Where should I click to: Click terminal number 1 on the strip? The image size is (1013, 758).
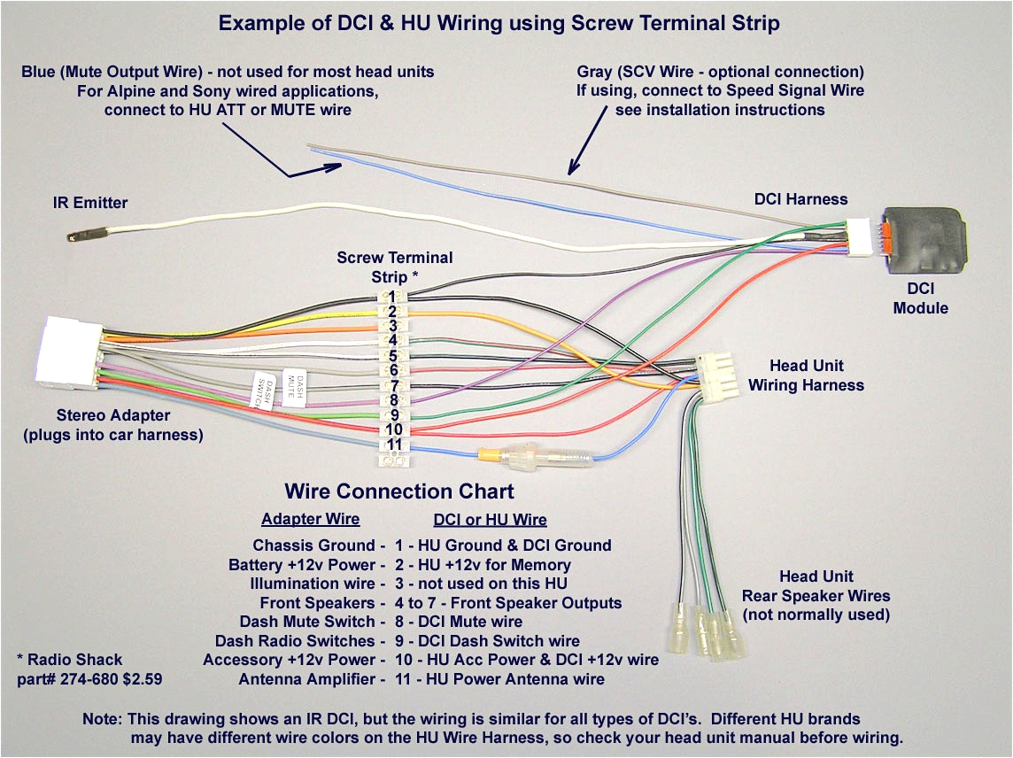tap(392, 296)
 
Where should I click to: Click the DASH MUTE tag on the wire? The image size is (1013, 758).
tap(294, 386)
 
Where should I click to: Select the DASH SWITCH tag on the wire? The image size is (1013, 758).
tap(263, 391)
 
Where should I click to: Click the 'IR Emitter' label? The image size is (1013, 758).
tap(89, 203)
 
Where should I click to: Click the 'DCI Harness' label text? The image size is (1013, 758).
tap(800, 199)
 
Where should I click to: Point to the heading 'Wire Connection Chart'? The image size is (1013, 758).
tap(398, 491)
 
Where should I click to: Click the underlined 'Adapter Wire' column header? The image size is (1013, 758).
tap(310, 519)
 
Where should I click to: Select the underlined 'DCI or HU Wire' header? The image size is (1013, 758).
tap(490, 520)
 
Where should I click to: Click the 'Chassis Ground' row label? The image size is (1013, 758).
tap(314, 545)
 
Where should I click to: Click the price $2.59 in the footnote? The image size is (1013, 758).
tap(142, 679)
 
